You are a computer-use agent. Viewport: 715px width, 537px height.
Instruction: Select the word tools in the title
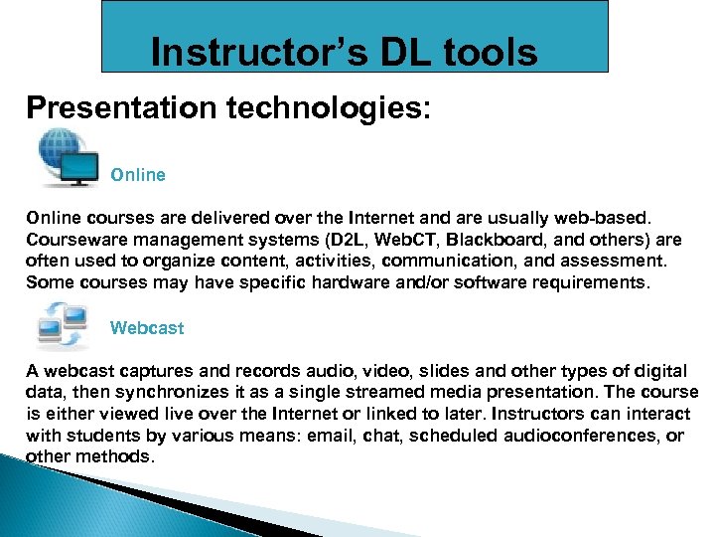[x=491, y=52]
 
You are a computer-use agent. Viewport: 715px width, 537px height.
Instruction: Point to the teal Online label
[x=138, y=175]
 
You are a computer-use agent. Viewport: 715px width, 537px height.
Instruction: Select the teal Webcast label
[x=147, y=327]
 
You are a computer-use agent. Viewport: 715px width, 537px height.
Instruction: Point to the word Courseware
[x=75, y=240]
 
